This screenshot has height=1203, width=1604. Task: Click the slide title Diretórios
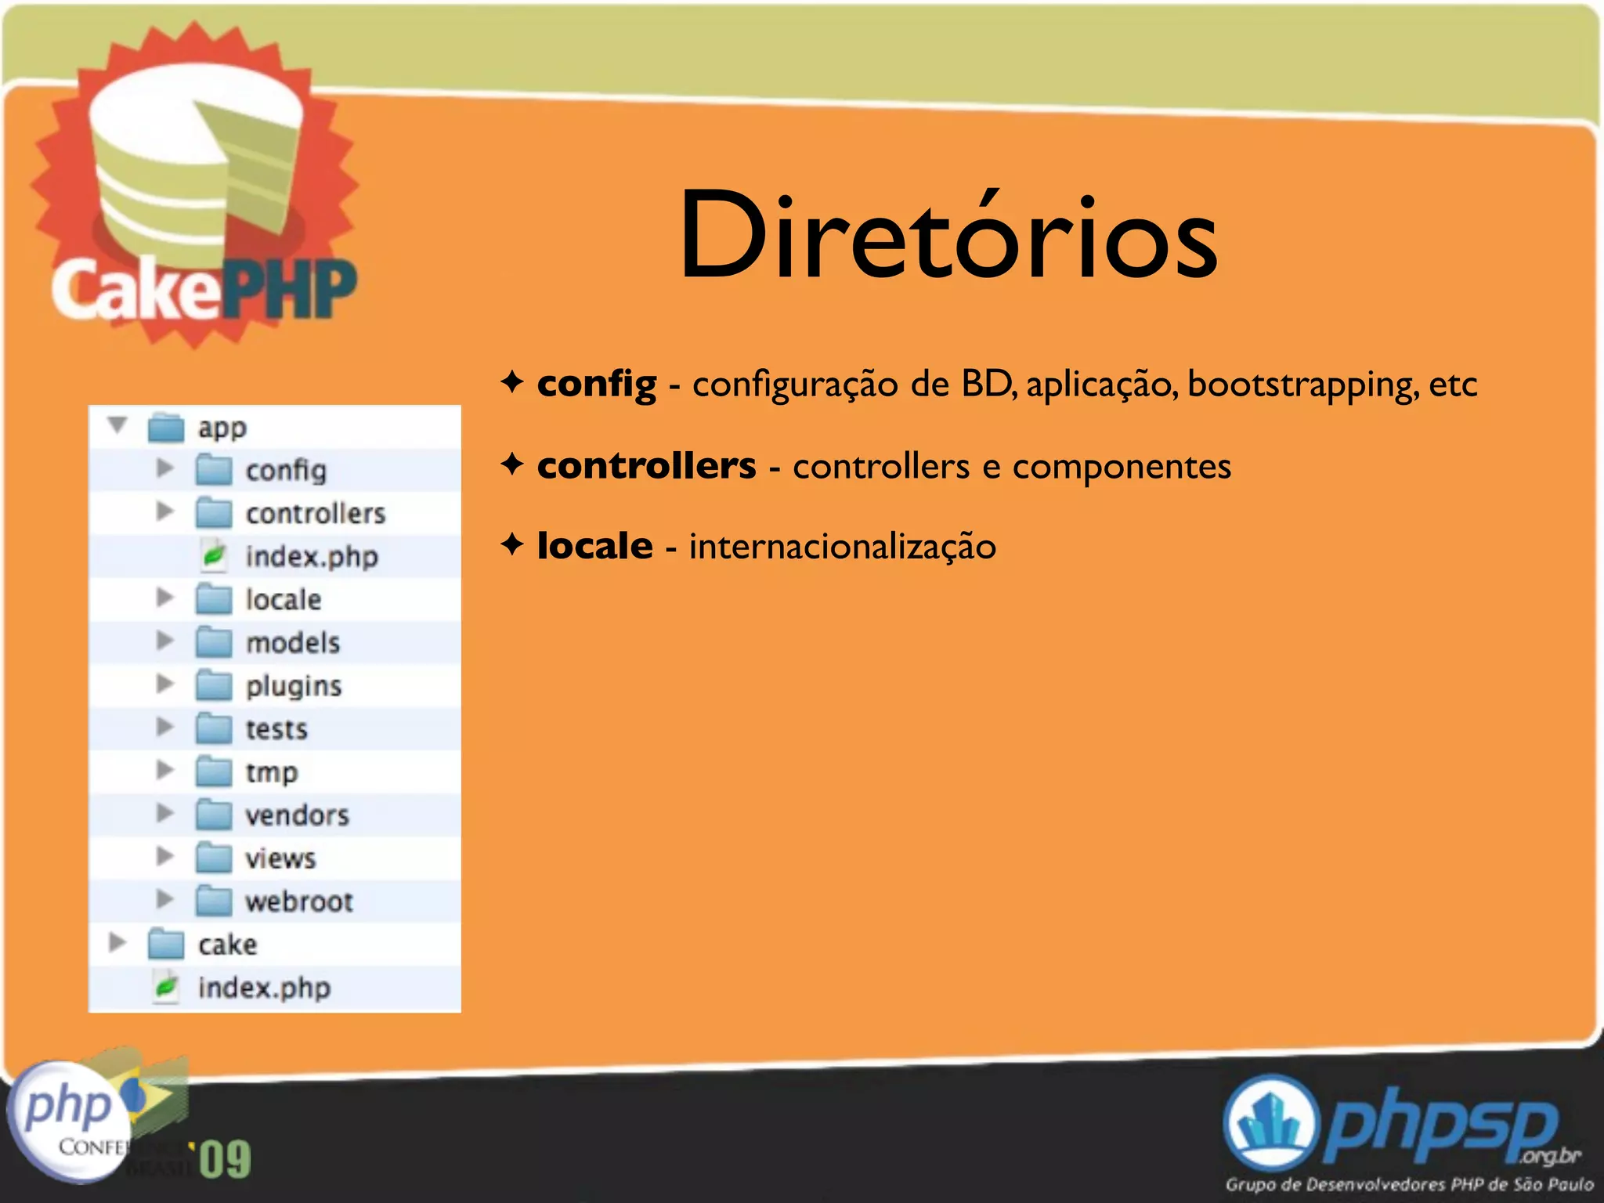point(948,235)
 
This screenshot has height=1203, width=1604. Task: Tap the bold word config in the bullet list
point(596,384)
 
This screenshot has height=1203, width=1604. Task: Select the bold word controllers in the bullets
point(646,465)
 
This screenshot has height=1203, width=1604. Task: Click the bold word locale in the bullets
point(594,546)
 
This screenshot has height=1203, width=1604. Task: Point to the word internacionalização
point(842,547)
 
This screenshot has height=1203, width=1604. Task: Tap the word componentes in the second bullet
point(1122,467)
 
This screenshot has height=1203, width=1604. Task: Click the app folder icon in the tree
point(166,428)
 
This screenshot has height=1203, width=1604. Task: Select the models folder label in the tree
point(293,643)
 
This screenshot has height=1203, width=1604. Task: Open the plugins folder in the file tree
point(294,687)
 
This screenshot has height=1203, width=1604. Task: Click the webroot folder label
point(299,901)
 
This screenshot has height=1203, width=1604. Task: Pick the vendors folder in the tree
point(297,815)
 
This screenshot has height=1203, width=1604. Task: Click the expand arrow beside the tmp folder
point(164,771)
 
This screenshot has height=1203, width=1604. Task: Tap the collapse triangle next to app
point(117,425)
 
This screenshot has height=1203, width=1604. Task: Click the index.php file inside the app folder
point(311,557)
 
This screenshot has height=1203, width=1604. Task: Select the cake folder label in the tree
point(227,945)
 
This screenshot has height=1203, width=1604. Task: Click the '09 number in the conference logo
point(224,1159)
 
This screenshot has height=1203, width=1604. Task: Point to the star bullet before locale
point(512,544)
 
